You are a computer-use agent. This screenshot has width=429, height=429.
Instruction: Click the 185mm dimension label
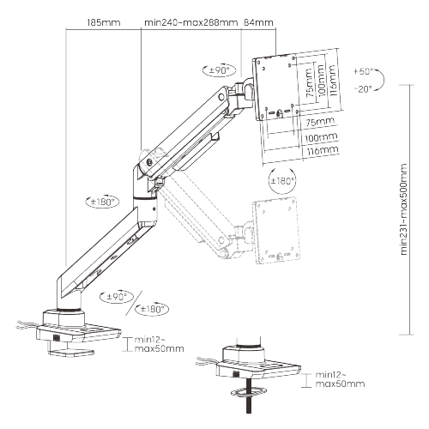(104, 22)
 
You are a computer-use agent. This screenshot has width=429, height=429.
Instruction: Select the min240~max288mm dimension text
(190, 22)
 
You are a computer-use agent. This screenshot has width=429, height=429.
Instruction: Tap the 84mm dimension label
(258, 22)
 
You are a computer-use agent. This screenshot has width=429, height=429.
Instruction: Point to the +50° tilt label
(363, 71)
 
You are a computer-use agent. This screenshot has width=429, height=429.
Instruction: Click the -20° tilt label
(363, 89)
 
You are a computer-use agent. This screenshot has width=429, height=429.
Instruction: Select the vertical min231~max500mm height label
(403, 209)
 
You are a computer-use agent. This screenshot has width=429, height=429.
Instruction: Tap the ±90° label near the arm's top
(220, 70)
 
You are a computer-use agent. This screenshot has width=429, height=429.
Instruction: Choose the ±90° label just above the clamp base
(117, 297)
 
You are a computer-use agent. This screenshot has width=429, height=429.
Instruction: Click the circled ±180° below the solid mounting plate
(282, 181)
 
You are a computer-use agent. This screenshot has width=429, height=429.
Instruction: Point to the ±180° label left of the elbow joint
(102, 202)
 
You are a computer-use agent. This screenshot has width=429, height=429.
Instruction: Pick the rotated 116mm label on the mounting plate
(332, 80)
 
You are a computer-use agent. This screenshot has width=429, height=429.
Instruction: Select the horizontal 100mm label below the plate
(321, 137)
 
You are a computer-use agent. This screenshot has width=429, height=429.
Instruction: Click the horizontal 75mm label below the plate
(320, 122)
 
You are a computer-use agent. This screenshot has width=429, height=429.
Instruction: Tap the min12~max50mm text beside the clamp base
(159, 344)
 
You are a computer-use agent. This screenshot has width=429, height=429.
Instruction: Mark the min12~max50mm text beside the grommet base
(340, 379)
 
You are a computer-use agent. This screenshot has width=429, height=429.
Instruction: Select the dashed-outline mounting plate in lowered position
(276, 230)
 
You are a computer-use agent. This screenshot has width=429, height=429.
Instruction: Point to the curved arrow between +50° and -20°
(381, 80)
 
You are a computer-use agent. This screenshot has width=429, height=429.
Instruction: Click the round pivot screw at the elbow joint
(149, 162)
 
